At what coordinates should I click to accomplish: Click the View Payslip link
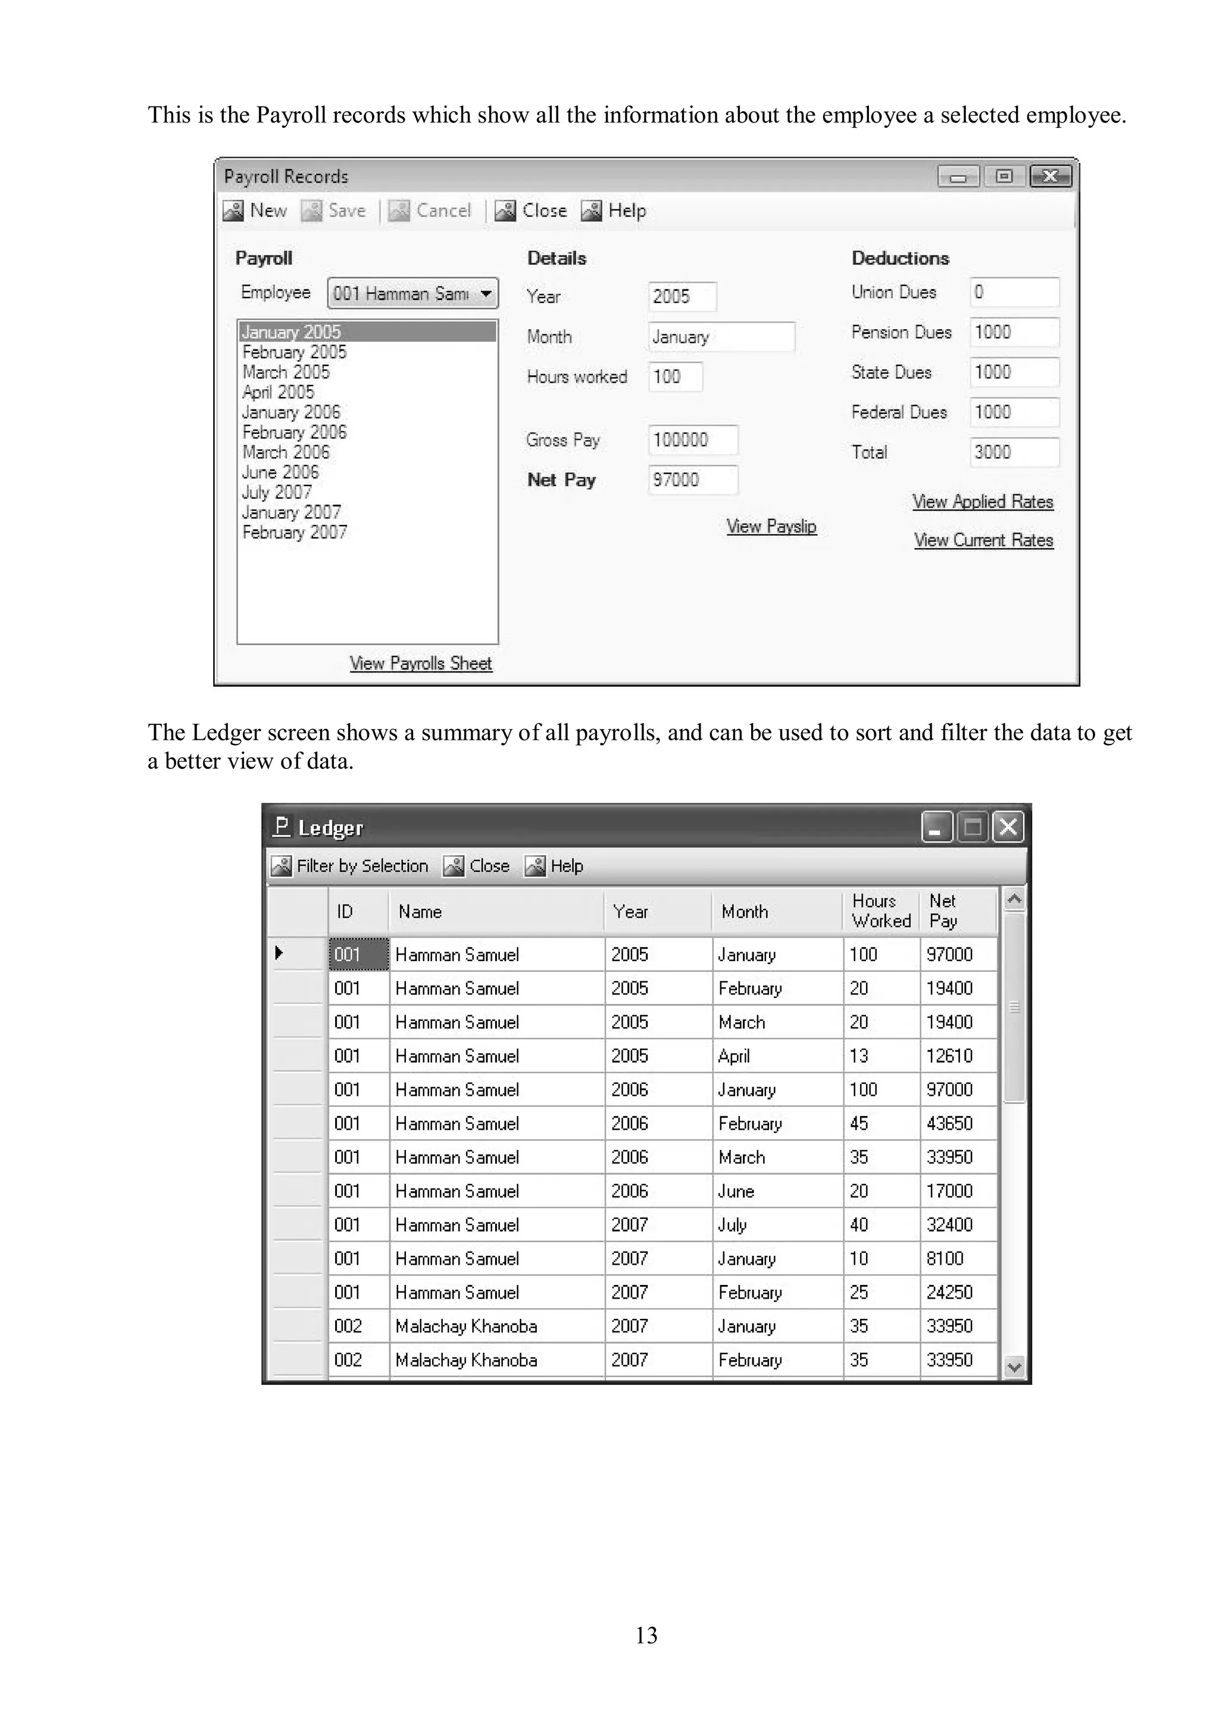point(771,527)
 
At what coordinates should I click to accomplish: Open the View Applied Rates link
point(983,502)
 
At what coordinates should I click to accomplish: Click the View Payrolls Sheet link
point(420,664)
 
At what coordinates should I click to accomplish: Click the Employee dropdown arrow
point(486,293)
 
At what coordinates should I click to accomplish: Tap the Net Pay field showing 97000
point(692,480)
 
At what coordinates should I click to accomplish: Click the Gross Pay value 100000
point(692,440)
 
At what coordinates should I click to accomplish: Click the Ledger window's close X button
point(1008,827)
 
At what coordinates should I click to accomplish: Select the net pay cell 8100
point(944,1259)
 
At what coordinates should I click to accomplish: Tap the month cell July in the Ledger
point(733,1225)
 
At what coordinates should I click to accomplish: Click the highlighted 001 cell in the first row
point(358,955)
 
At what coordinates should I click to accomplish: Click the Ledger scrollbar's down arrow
point(1014,1366)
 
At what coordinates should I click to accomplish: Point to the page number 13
point(646,1634)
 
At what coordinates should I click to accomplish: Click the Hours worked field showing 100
point(675,377)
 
